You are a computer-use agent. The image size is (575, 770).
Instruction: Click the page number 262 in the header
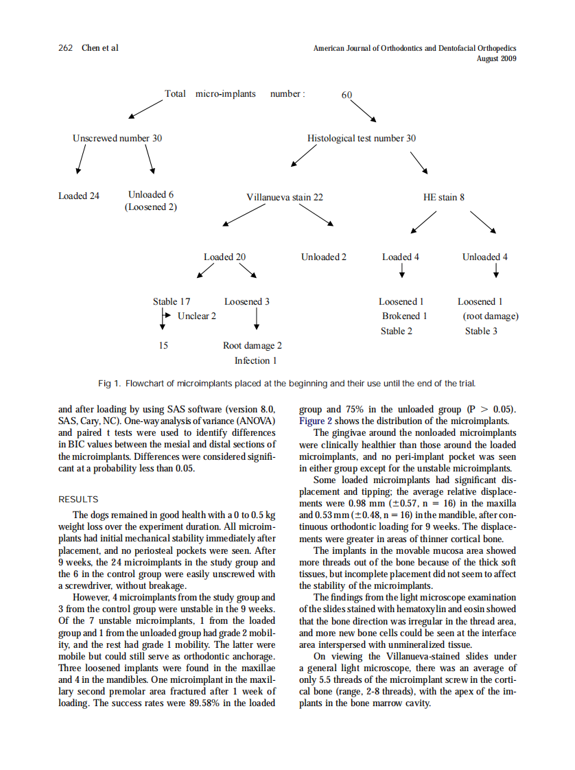(66, 48)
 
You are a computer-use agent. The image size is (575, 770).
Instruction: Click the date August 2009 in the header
(497, 58)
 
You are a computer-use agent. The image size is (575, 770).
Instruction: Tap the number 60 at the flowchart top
(347, 95)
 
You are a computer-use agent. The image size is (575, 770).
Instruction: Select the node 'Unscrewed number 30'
(117, 138)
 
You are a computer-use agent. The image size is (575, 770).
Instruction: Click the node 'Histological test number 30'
(362, 138)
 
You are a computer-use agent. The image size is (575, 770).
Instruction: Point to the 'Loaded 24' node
(79, 196)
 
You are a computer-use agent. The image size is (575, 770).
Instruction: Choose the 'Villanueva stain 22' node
(285, 197)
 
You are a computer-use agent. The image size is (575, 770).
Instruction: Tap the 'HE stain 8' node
(444, 197)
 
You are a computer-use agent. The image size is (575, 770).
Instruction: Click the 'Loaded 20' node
(224, 257)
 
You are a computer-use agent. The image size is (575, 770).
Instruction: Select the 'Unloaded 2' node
(324, 257)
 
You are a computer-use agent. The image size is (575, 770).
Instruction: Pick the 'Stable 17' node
(172, 301)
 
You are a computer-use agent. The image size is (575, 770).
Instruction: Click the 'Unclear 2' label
(197, 316)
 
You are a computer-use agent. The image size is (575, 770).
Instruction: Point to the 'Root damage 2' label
(253, 346)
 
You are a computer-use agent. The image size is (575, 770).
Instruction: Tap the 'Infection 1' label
(256, 360)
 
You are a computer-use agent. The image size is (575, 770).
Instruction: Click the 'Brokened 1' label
(405, 316)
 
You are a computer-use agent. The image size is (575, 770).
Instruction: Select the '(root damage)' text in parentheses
(491, 316)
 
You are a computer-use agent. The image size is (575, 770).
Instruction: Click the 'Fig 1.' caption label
(109, 383)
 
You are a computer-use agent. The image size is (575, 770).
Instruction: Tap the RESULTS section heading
(78, 500)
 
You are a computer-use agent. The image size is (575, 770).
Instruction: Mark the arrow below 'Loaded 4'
(401, 272)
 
